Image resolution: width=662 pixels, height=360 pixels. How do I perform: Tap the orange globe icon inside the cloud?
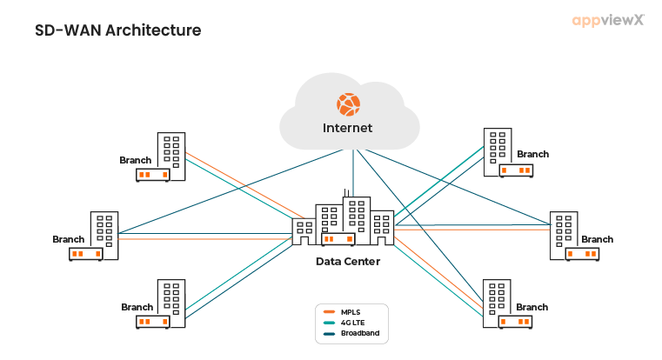[348, 104]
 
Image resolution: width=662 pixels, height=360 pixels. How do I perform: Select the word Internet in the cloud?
[348, 128]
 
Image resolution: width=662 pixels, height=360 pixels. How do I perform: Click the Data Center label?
[347, 261]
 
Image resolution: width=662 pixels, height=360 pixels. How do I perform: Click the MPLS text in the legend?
[351, 311]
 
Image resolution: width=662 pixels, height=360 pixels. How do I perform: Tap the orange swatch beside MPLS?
[329, 311]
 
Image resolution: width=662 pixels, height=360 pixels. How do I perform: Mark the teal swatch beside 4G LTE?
[329, 322]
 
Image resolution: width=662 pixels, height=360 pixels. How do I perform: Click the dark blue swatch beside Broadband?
[329, 333]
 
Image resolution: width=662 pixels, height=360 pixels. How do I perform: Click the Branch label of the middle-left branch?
[69, 239]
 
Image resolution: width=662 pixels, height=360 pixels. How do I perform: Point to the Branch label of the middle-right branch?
[597, 239]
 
